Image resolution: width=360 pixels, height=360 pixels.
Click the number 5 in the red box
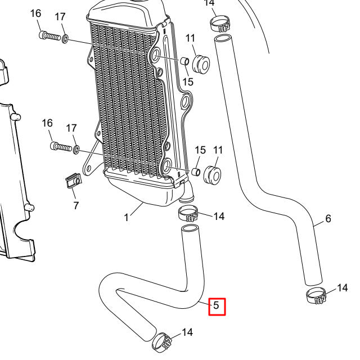(217, 307)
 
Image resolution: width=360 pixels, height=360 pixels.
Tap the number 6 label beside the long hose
(328, 218)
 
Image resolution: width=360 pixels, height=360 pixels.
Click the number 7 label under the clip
(75, 205)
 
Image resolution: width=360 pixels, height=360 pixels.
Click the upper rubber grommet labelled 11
(200, 63)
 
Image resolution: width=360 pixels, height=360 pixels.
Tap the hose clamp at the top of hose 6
(221, 24)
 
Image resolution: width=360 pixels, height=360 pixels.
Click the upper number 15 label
(187, 82)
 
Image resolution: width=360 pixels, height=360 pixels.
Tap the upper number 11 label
(190, 38)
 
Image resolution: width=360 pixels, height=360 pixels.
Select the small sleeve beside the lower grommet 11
(197, 171)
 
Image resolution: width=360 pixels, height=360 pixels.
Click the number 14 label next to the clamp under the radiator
(219, 216)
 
